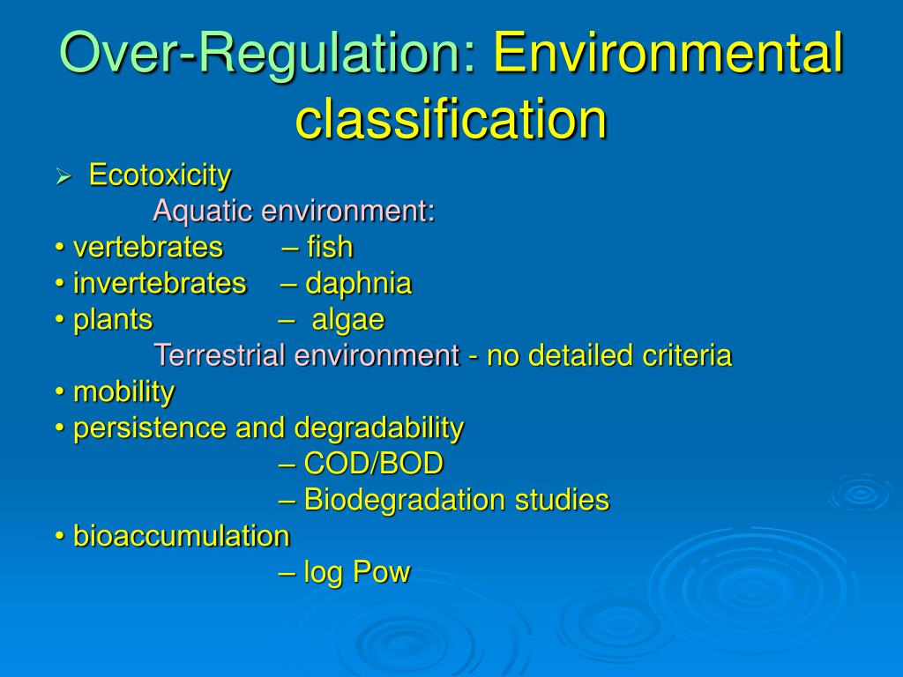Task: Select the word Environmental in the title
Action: (x=668, y=53)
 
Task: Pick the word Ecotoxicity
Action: (x=160, y=175)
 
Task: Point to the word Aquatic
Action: (x=197, y=212)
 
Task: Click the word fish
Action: (x=330, y=248)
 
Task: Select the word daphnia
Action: (x=358, y=284)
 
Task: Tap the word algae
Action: (x=348, y=320)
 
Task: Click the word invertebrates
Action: (x=160, y=284)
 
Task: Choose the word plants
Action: (x=113, y=320)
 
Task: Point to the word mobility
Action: (x=123, y=392)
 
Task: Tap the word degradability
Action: (x=379, y=428)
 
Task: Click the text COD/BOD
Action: (x=373, y=464)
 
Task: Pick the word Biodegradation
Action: (x=393, y=500)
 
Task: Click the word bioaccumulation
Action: (x=181, y=536)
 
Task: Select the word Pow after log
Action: (x=382, y=573)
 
